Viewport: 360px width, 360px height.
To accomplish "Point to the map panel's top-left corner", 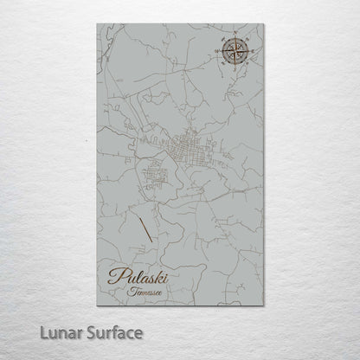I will click(89, 27).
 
